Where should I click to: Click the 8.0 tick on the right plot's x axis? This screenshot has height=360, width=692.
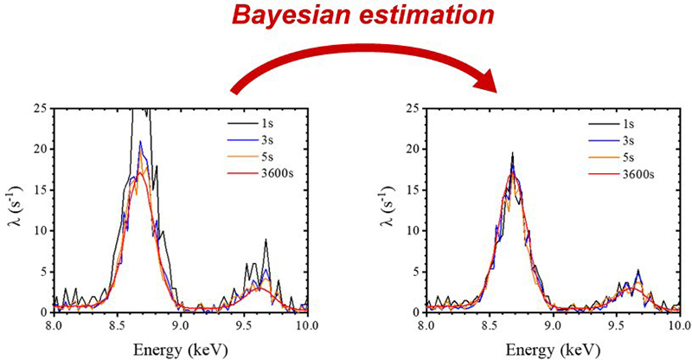coord(426,325)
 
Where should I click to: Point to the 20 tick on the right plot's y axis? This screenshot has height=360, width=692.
coord(413,149)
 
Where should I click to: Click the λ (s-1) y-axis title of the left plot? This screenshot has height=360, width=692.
coord(13,209)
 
